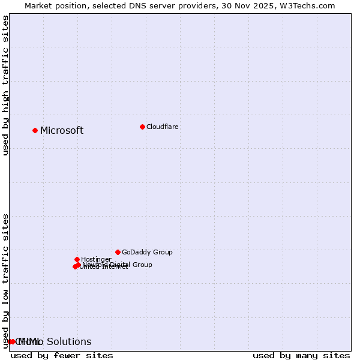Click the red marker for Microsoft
pyautogui.click(x=35, y=130)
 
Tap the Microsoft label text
pyautogui.click(x=62, y=131)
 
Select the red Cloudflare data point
pyautogui.click(x=142, y=127)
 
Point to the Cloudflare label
pyautogui.click(x=163, y=127)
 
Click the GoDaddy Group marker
pyautogui.click(x=118, y=252)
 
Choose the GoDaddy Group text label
pyautogui.click(x=147, y=252)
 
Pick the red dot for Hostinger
pyautogui.click(x=77, y=259)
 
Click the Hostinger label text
pyautogui.click(x=96, y=259)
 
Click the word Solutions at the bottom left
pyautogui.click(x=69, y=342)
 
